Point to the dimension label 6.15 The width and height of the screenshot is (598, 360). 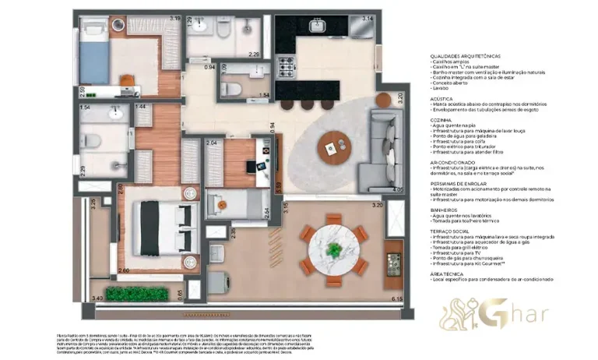click(x=396, y=299)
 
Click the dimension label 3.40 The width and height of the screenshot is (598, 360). click(x=97, y=298)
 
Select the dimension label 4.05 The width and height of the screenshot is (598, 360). click(x=398, y=189)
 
